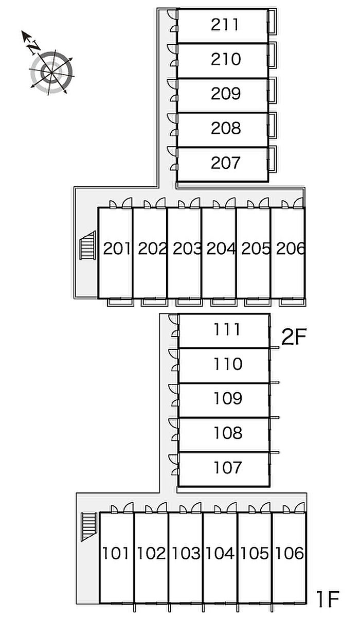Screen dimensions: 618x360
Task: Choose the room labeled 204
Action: tap(221, 249)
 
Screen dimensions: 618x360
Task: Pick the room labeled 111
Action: tap(227, 329)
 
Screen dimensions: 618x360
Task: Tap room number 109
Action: tap(227, 398)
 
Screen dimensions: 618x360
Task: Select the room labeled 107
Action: tap(227, 468)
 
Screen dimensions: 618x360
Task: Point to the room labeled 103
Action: tap(186, 554)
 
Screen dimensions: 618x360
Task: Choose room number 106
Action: tap(289, 554)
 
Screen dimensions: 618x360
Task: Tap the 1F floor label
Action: tap(328, 598)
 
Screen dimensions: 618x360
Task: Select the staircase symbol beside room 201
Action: tap(87, 245)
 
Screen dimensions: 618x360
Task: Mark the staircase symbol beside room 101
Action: tap(89, 526)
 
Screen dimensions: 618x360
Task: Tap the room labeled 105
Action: tap(255, 554)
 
